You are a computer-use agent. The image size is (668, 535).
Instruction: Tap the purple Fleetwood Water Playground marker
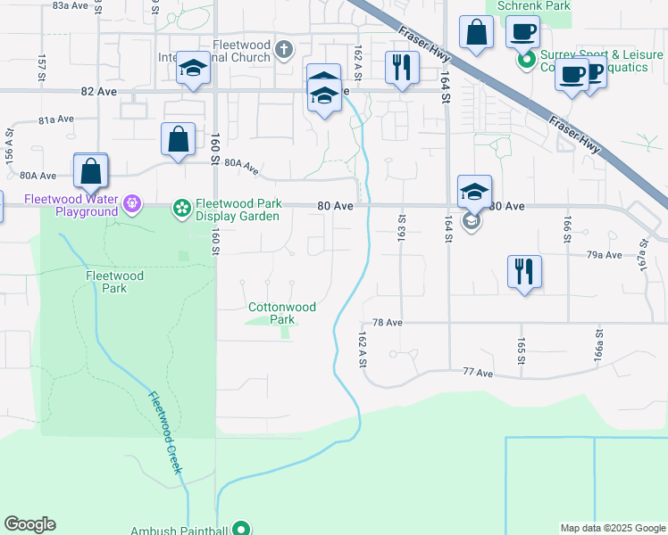click(x=133, y=205)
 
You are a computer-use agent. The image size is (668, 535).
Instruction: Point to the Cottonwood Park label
click(x=281, y=313)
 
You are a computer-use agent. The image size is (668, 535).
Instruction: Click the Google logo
click(x=29, y=524)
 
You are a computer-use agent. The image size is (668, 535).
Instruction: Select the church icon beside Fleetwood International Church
click(x=284, y=48)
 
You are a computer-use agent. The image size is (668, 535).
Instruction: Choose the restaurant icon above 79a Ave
click(x=524, y=270)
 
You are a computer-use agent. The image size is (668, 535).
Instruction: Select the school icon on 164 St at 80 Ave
click(x=474, y=191)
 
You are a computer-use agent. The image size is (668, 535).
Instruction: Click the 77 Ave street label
click(x=478, y=372)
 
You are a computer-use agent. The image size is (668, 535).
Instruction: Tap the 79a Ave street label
click(x=604, y=255)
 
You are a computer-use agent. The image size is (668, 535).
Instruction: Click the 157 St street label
click(x=42, y=66)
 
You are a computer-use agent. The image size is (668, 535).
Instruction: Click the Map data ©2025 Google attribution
click(x=613, y=528)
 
